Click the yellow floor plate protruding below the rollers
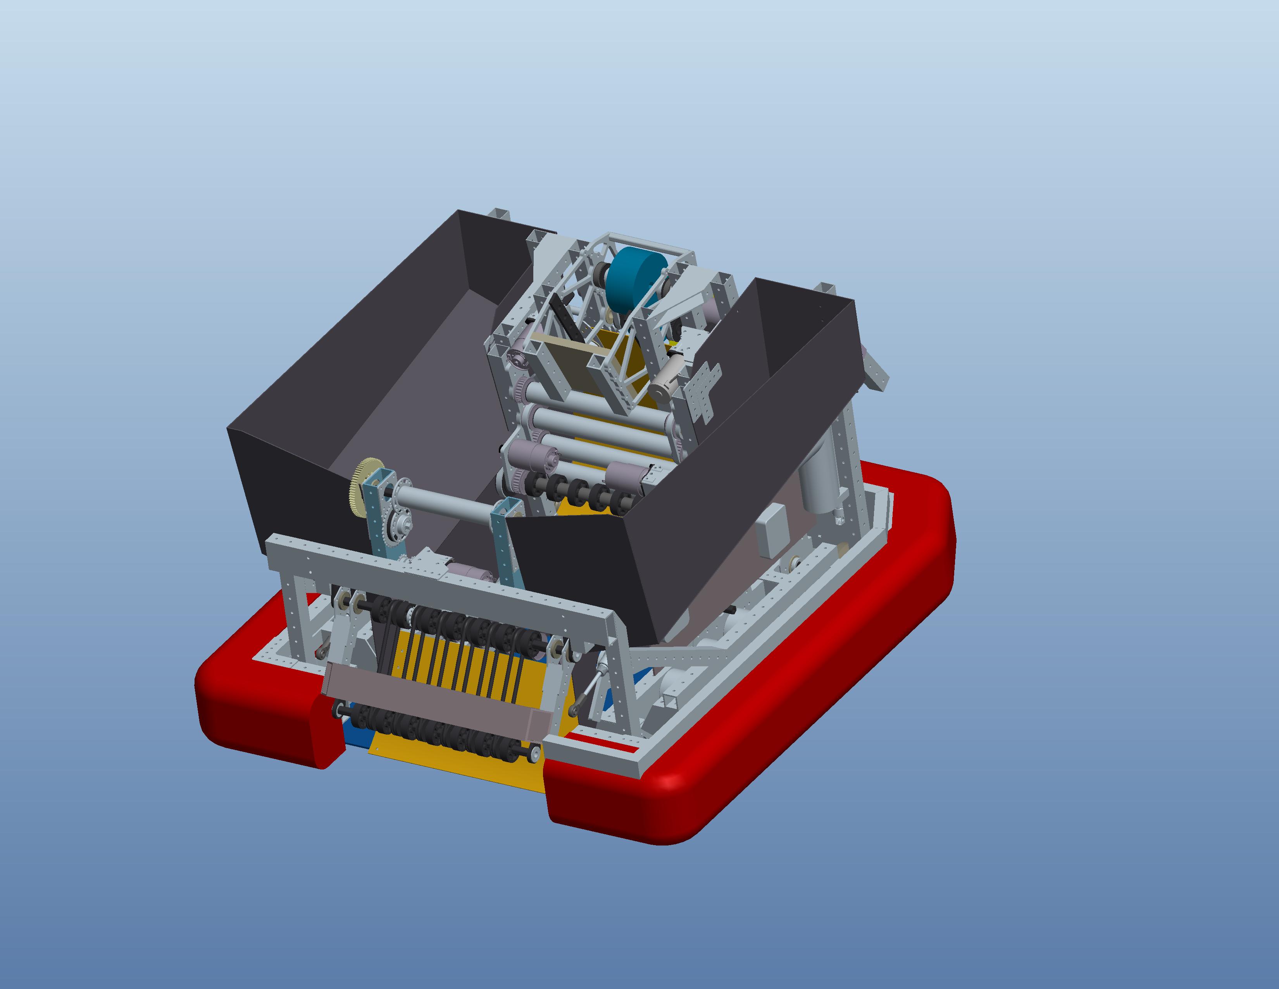[457, 768]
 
